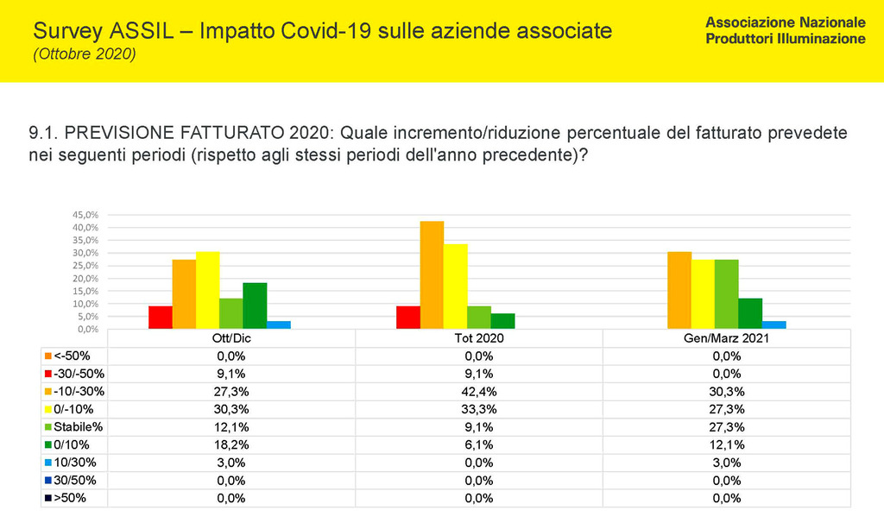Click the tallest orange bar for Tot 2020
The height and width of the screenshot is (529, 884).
click(x=432, y=274)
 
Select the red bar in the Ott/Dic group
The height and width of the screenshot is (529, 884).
click(x=160, y=317)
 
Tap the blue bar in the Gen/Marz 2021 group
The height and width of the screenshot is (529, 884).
click(x=774, y=324)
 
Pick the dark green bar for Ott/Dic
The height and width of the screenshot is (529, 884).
click(x=255, y=305)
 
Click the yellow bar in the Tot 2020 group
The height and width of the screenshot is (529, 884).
click(x=455, y=286)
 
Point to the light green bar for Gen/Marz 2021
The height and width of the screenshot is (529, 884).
click(x=727, y=293)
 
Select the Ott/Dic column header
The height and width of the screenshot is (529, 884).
click(x=230, y=337)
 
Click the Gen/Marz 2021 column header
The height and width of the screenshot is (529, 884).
click(x=726, y=337)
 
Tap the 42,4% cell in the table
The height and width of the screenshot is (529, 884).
click(x=478, y=391)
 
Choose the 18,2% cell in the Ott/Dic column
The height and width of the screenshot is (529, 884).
click(x=230, y=444)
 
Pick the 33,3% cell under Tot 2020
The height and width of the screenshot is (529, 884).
click(x=478, y=408)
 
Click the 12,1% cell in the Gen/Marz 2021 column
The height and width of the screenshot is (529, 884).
click(x=726, y=444)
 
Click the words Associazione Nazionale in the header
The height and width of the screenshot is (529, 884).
click(x=785, y=21)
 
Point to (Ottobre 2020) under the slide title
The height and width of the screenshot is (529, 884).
click(x=84, y=54)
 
